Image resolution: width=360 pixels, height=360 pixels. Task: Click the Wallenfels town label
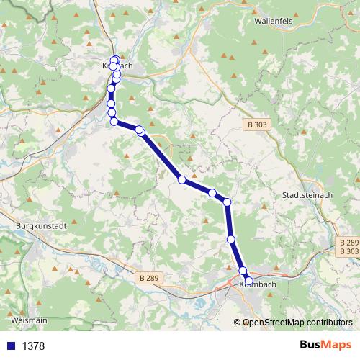(272, 21)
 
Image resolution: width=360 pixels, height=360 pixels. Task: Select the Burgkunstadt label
(40, 225)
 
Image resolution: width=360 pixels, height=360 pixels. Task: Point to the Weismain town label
(30, 319)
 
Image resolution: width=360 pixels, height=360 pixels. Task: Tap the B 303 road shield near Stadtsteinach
(256, 125)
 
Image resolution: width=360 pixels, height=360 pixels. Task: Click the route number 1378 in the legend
(33, 346)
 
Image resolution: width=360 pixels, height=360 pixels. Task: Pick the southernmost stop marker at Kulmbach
(248, 280)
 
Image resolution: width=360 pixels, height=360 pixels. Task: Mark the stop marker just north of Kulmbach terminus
(243, 271)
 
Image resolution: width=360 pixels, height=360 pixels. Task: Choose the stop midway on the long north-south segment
(231, 238)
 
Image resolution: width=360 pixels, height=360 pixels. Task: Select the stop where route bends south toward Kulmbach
(227, 202)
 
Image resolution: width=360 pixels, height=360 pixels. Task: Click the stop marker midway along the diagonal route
(183, 179)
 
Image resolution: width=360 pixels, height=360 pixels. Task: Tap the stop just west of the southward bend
(212, 193)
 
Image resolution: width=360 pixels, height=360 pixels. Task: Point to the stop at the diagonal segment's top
(140, 130)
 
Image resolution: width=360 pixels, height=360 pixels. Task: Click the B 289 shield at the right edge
(348, 243)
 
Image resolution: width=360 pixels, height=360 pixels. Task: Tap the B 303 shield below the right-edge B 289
(348, 251)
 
